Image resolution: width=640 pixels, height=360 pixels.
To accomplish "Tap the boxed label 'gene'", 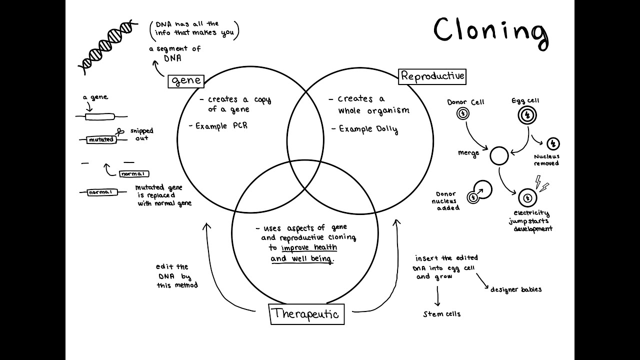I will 186,80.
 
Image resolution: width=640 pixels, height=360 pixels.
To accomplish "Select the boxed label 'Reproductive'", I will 432,76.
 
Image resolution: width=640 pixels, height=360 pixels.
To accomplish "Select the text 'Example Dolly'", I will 368,129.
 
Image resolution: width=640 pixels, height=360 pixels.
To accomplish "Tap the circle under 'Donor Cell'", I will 463,113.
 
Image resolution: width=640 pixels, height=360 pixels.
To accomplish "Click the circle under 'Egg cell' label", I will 526,116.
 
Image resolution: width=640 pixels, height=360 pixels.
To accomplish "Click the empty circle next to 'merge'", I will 498,156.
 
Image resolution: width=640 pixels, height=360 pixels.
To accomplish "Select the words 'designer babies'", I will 515,289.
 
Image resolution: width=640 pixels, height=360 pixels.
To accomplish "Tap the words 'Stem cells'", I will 441,314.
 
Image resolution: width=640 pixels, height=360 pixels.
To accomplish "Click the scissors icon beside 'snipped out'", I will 120,132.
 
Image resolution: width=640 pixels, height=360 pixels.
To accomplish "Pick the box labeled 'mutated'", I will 101,140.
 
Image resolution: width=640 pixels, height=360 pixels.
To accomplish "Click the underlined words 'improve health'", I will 309,248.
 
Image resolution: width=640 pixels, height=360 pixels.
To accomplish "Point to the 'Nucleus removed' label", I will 546,160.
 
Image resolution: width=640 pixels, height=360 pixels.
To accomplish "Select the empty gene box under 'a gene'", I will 99,117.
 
